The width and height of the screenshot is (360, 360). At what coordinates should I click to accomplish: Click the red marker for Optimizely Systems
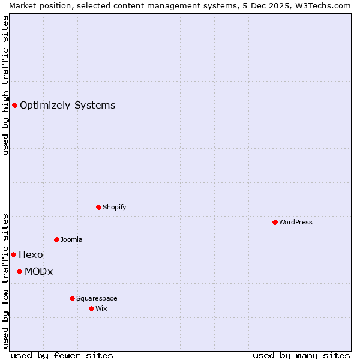pos(14,106)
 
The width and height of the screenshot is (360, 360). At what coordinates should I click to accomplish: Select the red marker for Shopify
pos(98,207)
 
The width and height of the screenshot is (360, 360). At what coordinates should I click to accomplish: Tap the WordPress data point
pos(275,222)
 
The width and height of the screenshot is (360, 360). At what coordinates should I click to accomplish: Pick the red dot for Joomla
pos(56,239)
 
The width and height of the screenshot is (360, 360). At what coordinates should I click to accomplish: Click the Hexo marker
pos(13,254)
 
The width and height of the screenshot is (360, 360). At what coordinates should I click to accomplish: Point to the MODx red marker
pos(19,271)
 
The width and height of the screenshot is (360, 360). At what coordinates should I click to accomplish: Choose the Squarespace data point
pos(72,298)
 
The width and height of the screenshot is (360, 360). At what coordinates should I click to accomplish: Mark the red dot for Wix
pos(91,308)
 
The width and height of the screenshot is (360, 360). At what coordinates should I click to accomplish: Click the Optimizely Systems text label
pos(67,106)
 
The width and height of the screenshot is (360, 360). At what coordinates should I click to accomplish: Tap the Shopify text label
pos(114,207)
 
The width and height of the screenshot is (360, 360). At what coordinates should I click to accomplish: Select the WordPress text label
pos(295,222)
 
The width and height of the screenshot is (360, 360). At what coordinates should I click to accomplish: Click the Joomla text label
pos(71,239)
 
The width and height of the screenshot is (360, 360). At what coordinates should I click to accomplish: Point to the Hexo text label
pos(31,254)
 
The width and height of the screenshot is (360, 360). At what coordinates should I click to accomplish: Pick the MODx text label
pos(39,271)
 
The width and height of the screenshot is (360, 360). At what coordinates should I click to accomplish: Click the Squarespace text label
pos(97,298)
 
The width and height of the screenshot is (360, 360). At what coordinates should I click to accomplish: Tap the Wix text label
pos(101,308)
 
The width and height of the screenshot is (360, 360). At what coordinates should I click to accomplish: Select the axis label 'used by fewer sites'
pos(62,355)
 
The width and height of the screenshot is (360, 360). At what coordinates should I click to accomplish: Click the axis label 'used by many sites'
pos(301,355)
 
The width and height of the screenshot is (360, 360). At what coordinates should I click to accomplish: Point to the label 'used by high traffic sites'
pos(5,85)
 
